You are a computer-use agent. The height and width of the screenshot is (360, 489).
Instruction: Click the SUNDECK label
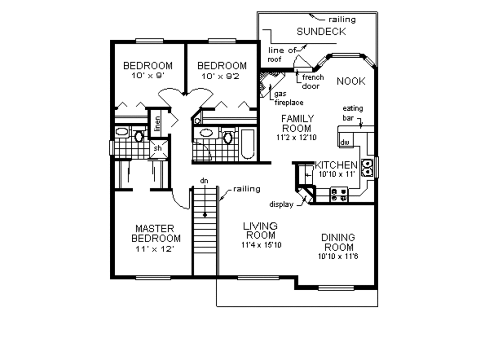click(321, 32)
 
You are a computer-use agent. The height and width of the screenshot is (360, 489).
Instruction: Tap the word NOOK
click(351, 81)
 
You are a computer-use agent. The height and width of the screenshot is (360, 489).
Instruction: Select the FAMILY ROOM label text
click(297, 123)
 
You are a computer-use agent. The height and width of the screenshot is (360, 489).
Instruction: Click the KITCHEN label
click(336, 165)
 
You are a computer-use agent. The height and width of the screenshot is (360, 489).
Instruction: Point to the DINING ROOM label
click(338, 242)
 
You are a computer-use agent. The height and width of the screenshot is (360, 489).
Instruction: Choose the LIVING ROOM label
click(260, 230)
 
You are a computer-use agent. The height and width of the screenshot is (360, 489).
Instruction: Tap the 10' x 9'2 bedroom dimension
click(222, 75)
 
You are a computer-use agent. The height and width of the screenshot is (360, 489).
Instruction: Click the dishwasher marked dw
click(344, 142)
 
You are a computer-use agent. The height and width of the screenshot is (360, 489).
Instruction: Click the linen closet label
click(157, 123)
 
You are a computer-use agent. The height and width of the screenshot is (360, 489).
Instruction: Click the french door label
click(313, 82)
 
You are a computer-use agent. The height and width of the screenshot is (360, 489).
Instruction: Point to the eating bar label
click(352, 112)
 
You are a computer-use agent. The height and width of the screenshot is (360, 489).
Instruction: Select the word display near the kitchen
click(281, 204)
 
